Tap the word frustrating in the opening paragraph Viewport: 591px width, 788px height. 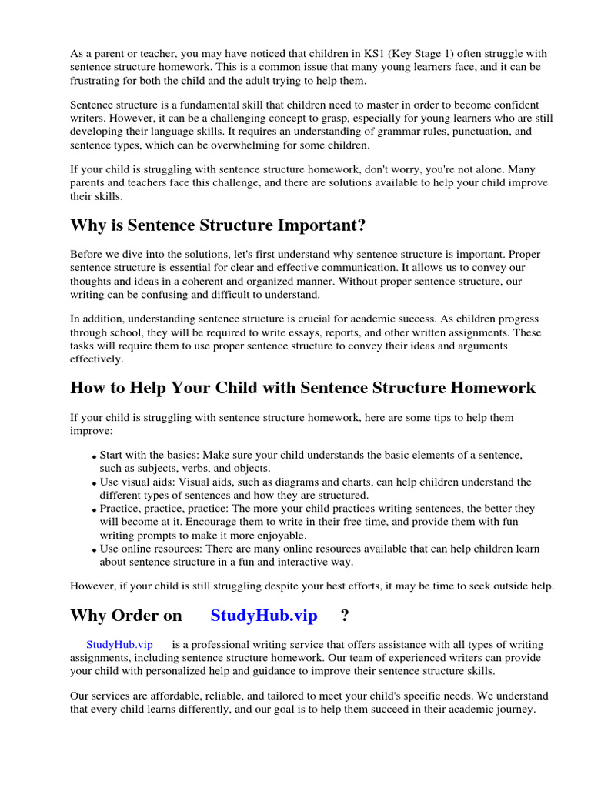(x=97, y=81)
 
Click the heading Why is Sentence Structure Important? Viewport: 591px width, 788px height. (x=218, y=225)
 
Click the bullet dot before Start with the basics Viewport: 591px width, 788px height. (x=95, y=457)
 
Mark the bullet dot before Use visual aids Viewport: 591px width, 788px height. (x=95, y=484)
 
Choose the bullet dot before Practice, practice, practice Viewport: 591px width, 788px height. (x=95, y=511)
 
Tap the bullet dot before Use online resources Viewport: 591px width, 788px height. (x=95, y=551)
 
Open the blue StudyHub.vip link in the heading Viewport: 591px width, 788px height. (x=263, y=616)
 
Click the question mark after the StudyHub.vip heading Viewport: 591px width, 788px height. (x=345, y=616)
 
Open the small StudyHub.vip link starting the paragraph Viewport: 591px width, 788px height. (x=119, y=644)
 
